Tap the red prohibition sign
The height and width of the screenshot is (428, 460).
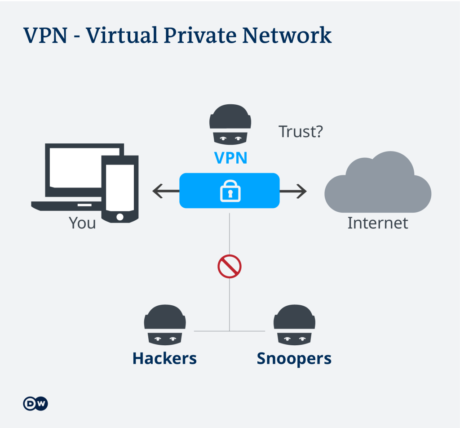click(230, 267)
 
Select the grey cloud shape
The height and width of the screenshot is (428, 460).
click(378, 184)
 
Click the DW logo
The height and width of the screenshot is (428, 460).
click(35, 404)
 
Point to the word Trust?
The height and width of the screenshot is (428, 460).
click(301, 132)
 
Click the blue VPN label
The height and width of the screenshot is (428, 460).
click(230, 158)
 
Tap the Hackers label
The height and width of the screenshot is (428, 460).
click(164, 359)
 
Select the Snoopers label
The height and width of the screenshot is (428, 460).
click(294, 359)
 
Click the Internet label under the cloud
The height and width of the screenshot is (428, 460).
click(378, 223)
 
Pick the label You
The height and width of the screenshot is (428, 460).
click(82, 223)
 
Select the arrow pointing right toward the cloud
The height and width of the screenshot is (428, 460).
click(294, 191)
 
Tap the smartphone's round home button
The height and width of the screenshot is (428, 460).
click(120, 217)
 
